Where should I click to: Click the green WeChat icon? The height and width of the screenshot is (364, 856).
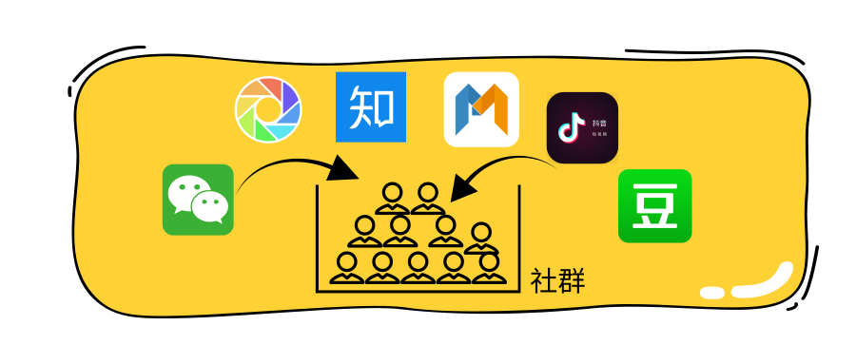point(198,200)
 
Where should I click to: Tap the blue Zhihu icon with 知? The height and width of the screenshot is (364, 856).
point(371,106)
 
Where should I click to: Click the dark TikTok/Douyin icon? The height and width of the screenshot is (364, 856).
point(582,128)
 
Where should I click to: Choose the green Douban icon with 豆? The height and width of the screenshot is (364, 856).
point(654,205)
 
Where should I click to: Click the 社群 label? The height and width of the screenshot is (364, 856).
point(557,281)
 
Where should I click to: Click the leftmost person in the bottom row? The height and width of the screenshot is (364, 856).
point(347,268)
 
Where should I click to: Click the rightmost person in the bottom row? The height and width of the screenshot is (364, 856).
point(488,268)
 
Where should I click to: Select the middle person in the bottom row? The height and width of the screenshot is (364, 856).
point(418,268)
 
